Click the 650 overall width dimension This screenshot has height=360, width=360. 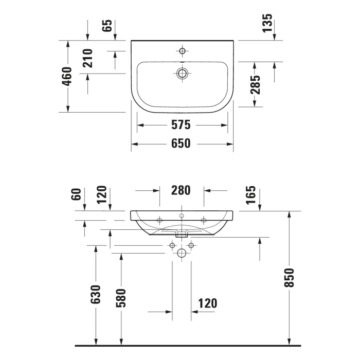click(181, 143)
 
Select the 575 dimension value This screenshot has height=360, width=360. click(181, 124)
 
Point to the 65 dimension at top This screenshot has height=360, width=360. click(107, 26)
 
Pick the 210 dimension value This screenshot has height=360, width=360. click(87, 58)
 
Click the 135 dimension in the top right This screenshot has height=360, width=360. click(267, 24)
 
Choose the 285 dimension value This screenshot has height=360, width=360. click(255, 85)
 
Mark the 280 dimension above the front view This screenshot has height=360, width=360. click(181, 190)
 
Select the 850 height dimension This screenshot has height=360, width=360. click(290, 278)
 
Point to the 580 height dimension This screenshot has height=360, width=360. click(121, 297)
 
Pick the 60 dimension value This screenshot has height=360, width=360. click(77, 194)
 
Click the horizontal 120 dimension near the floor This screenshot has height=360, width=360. click(207, 303)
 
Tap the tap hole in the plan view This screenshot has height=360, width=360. click(182, 51)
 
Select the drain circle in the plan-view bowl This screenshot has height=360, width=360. click(182, 73)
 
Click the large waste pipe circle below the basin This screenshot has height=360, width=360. click(181, 253)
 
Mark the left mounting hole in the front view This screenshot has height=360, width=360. click(159, 221)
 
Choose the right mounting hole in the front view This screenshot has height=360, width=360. click(204, 221)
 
